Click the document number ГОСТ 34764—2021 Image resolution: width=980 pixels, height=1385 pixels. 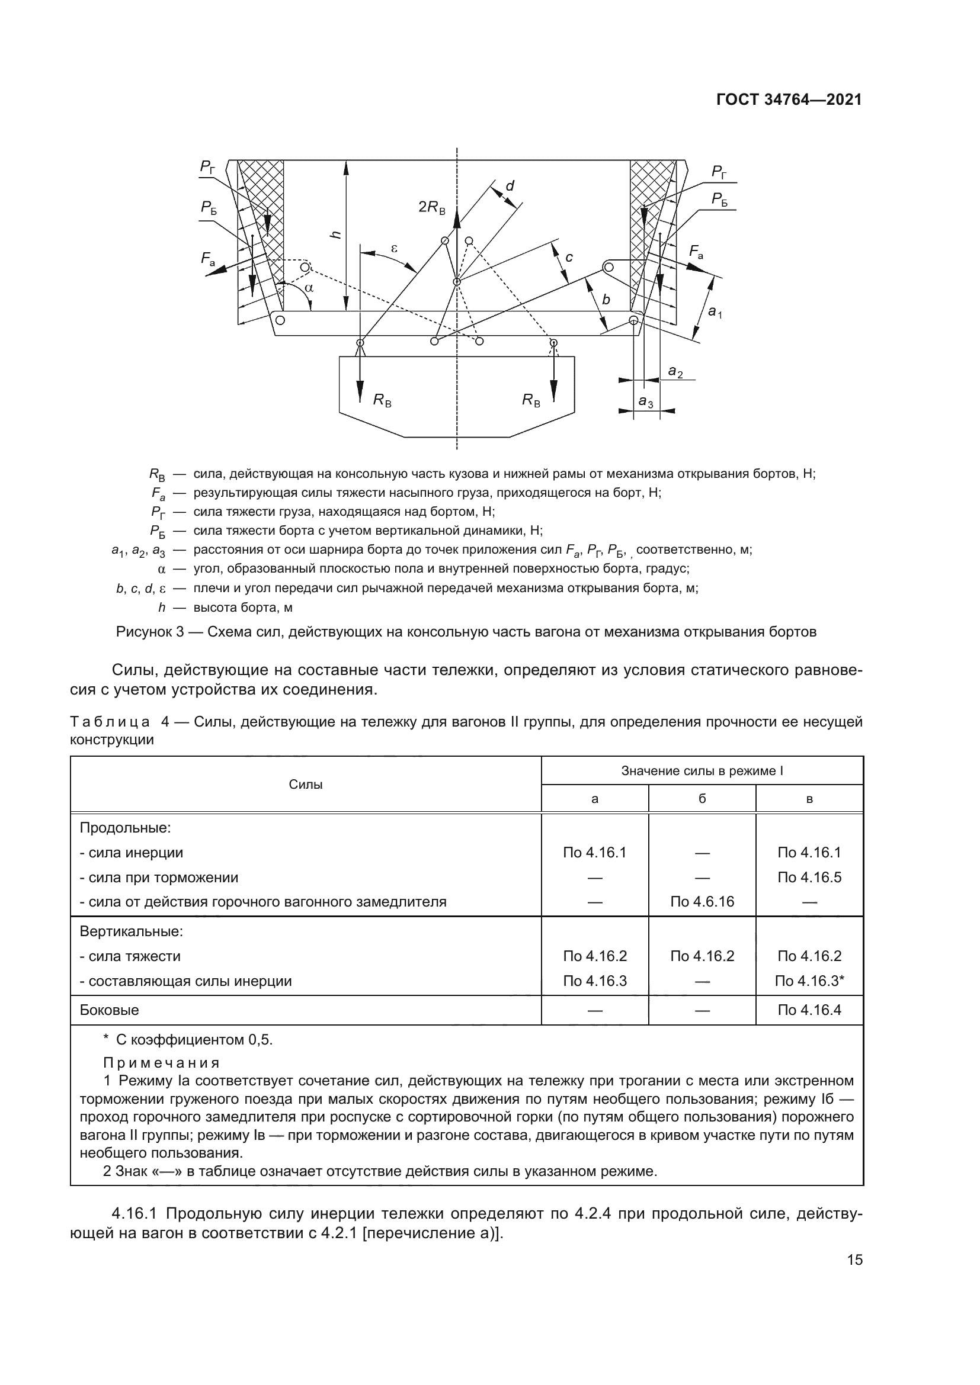coord(789,99)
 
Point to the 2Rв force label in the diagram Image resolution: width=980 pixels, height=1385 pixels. coord(431,207)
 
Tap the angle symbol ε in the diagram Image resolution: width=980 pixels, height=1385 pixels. coord(395,248)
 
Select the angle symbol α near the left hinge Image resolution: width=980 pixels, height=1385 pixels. coord(309,288)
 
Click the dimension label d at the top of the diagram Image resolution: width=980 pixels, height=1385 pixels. coord(510,186)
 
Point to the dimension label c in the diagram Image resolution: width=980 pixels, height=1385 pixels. coord(568,258)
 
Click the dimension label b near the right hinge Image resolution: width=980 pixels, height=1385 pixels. coord(606,300)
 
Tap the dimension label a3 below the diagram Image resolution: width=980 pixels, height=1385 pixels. coord(646,401)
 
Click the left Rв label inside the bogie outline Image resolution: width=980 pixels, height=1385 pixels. coord(382,399)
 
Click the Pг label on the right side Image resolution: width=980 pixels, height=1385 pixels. coord(719,172)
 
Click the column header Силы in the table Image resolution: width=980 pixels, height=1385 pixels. coord(305,784)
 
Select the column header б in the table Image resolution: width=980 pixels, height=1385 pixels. coord(702,799)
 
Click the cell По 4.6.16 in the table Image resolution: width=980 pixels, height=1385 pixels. coord(702,902)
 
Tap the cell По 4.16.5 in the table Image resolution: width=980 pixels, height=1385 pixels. coord(809,877)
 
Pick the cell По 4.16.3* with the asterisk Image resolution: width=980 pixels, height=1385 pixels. coord(809,981)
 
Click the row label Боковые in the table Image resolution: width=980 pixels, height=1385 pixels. coord(109,1010)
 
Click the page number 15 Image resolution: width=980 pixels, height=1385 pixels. coord(854,1259)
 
